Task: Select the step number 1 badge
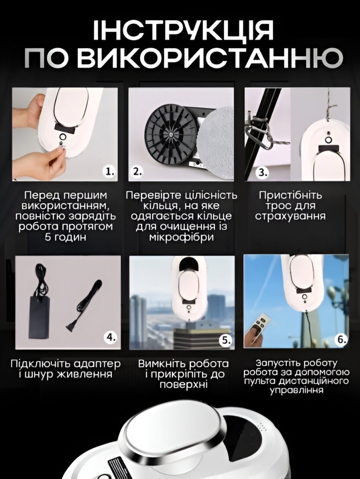110,172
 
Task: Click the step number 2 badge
137,172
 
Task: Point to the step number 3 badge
262,172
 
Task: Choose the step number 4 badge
110,337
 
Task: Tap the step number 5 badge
226,341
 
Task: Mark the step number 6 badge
342,339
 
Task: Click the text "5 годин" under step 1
66,237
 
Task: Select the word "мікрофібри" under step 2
181,237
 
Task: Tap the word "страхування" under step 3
290,216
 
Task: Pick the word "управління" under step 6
297,390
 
